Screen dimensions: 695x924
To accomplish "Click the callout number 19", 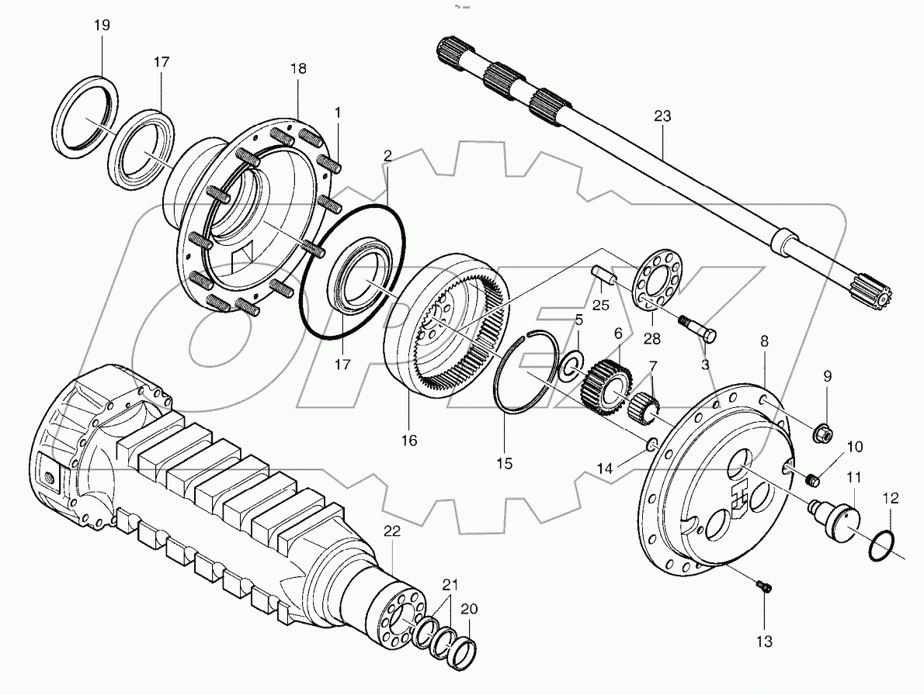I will pos(102,26).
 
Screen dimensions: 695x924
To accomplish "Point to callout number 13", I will pos(764,641).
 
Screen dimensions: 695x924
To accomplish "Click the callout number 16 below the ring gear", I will pos(409,441).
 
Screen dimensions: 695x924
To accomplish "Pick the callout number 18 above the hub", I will pos(298,69).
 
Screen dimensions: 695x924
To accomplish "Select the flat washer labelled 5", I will pos(573,363).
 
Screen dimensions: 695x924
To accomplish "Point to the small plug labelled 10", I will pos(812,481).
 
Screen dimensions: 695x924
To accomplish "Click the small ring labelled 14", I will pos(652,444).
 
